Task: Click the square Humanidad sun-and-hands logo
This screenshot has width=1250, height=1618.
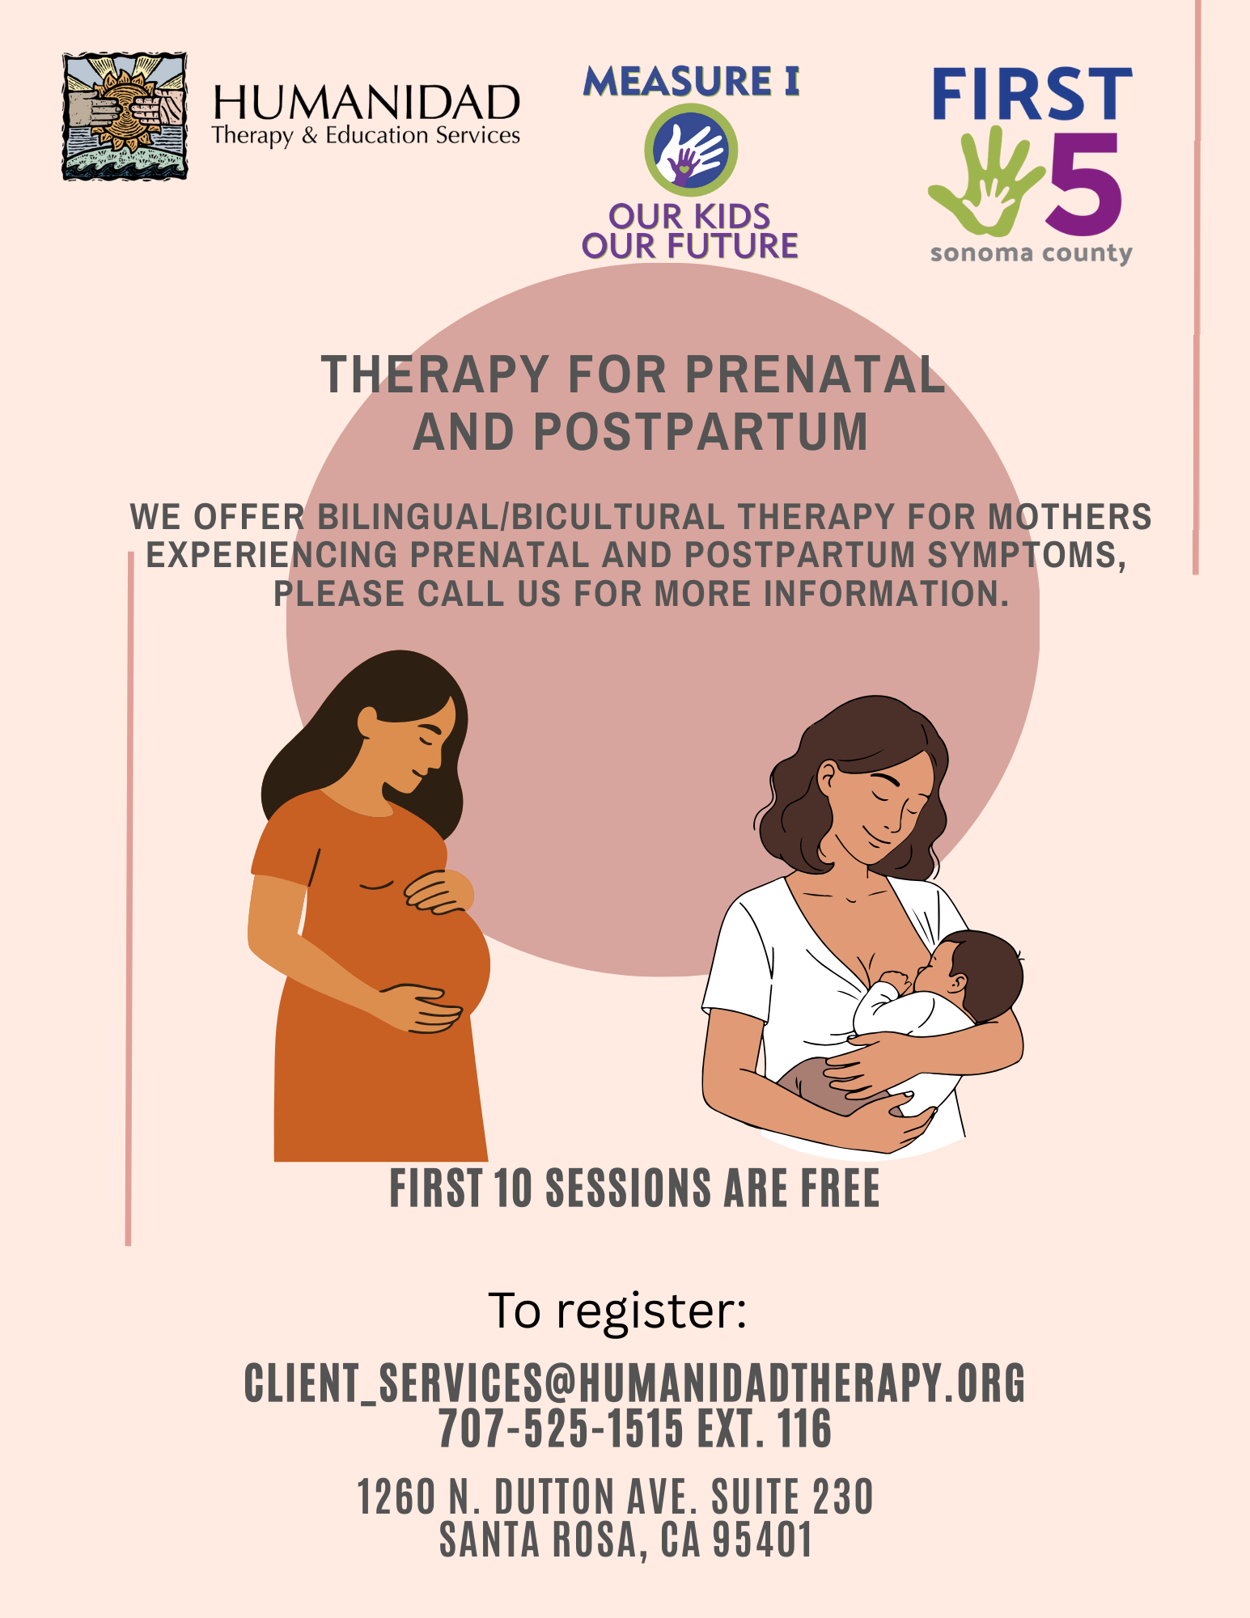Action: click(x=125, y=116)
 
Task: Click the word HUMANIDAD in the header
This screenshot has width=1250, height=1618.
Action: click(x=366, y=103)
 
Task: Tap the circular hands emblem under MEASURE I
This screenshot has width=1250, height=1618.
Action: click(x=691, y=150)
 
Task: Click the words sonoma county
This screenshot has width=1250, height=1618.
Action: click(x=1031, y=253)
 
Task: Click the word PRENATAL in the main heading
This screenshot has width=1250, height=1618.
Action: click(x=814, y=375)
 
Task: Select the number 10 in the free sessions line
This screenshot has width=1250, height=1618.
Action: click(x=514, y=1188)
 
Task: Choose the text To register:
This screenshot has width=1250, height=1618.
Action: click(x=617, y=1310)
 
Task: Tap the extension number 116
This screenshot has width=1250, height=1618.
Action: click(x=804, y=1428)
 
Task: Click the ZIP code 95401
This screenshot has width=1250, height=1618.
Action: click(x=762, y=1540)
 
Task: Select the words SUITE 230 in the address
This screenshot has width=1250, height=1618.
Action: click(x=793, y=1496)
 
